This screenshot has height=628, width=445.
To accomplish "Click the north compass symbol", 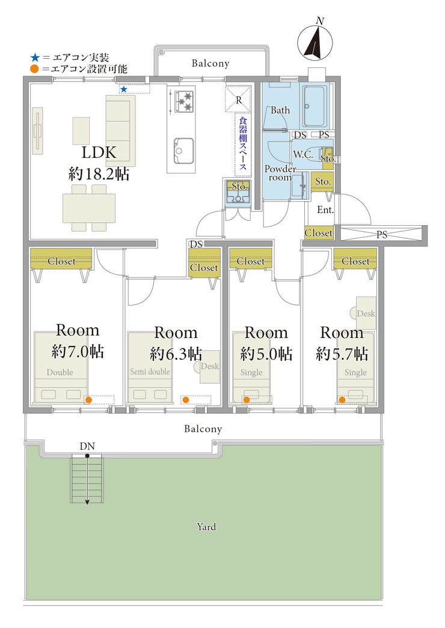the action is [x=315, y=40].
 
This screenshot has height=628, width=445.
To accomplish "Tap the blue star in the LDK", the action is [x=124, y=89].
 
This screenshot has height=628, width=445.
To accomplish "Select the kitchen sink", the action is [x=183, y=151].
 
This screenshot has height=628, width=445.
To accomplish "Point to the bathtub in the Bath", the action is [x=314, y=106].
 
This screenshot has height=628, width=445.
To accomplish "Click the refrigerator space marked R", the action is [x=239, y=99].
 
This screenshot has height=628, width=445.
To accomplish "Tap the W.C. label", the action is [x=303, y=154].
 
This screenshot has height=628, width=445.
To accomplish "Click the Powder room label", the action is [x=280, y=173].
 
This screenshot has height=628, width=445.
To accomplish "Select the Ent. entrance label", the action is [x=325, y=210].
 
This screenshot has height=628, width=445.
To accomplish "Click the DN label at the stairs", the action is [x=87, y=445].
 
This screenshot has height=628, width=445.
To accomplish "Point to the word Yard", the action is [x=206, y=527].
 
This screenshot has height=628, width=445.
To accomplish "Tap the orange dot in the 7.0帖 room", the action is [x=88, y=399].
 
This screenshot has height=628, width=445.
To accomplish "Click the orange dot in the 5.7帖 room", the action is [x=342, y=399].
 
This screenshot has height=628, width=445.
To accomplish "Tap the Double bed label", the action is [x=60, y=372].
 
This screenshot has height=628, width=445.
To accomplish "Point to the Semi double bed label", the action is [x=150, y=372].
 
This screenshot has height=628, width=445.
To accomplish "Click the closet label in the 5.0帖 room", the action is [x=250, y=261].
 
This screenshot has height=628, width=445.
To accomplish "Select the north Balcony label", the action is [x=210, y=63].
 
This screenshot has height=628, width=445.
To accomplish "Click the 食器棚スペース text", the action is [x=243, y=143].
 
